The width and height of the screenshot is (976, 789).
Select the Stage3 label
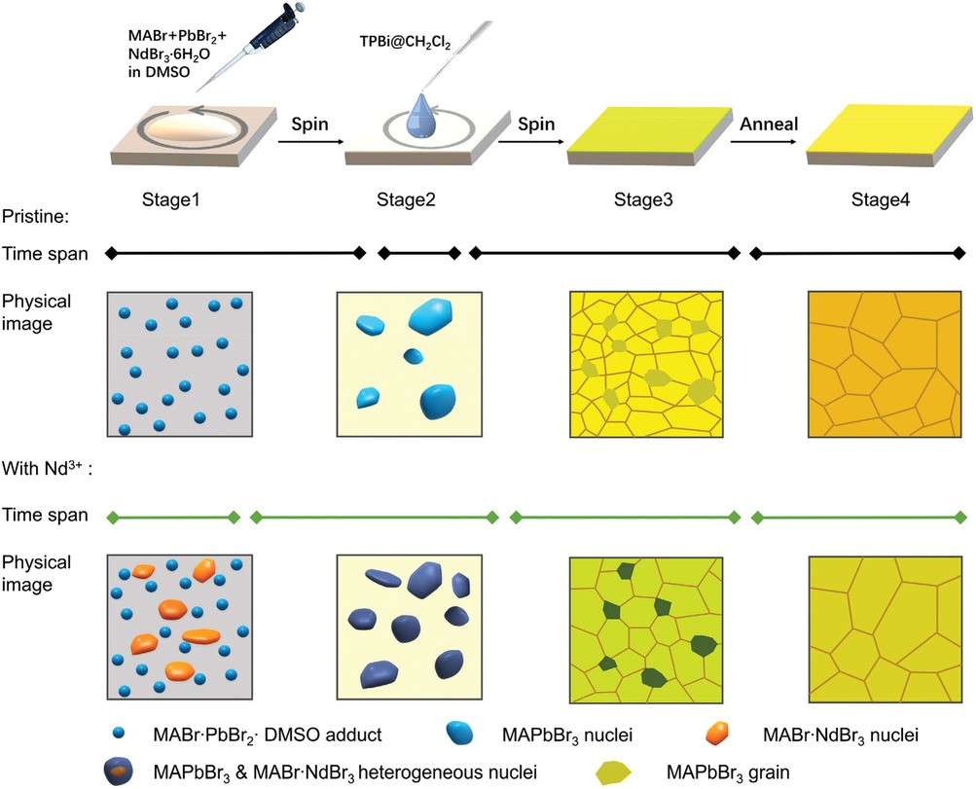644,201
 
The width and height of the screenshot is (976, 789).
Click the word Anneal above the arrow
769,125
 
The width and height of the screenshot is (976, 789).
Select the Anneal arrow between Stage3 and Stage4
769,143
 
